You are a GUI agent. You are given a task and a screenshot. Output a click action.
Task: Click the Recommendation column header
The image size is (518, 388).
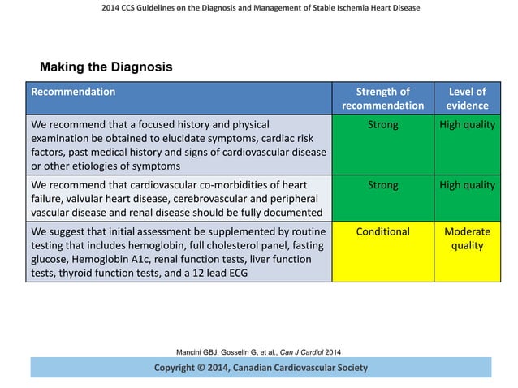point(73,92)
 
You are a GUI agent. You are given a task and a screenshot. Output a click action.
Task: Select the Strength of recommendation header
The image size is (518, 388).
point(382,98)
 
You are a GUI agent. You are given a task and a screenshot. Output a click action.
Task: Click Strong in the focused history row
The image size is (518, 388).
point(382,126)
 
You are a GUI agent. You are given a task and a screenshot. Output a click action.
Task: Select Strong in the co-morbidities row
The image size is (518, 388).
point(382,185)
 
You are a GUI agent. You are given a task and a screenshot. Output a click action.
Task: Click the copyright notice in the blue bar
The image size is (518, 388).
point(261,368)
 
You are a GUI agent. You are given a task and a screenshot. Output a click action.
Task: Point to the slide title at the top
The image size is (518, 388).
point(259,8)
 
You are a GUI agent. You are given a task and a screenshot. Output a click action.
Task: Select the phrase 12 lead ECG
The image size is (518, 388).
point(222,273)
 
